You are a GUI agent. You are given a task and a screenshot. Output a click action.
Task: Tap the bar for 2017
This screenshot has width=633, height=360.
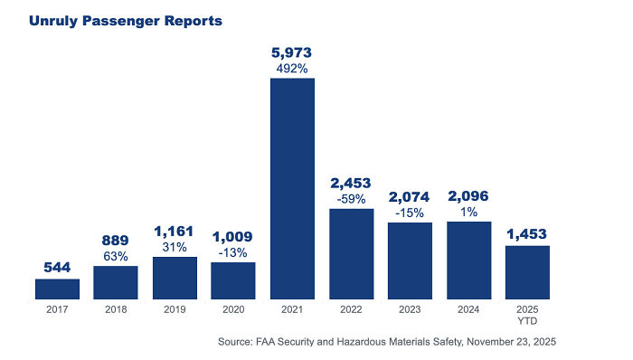tap(57, 289)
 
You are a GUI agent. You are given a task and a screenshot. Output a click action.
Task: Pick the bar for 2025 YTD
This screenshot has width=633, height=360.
tap(527, 272)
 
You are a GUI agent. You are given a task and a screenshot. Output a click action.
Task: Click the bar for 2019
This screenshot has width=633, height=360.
tap(175, 278)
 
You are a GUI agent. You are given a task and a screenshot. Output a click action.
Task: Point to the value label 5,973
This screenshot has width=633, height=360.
tap(292, 52)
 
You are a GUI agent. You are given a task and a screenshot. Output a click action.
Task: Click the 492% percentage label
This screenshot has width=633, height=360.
tap(292, 68)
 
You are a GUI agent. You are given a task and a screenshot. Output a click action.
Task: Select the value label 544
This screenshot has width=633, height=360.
tap(57, 267)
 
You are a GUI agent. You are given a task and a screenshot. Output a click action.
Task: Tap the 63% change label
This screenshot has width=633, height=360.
tap(116, 256)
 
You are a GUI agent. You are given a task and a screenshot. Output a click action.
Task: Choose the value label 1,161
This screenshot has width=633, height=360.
tap(175, 232)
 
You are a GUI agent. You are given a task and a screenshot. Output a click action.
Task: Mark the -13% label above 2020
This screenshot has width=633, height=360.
tap(233, 252)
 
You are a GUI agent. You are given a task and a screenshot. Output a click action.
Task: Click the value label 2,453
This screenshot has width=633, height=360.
tap(351, 184)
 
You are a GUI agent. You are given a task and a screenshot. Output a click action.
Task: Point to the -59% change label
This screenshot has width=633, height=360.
tap(351, 199)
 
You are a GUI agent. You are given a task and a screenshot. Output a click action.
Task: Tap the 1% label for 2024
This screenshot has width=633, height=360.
tap(468, 212)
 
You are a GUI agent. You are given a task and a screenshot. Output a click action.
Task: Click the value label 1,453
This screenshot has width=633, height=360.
tap(527, 233)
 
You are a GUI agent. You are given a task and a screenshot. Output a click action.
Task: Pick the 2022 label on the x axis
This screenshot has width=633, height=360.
tap(351, 310)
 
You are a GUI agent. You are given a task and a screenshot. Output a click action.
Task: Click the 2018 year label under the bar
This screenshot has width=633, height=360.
tap(116, 310)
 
